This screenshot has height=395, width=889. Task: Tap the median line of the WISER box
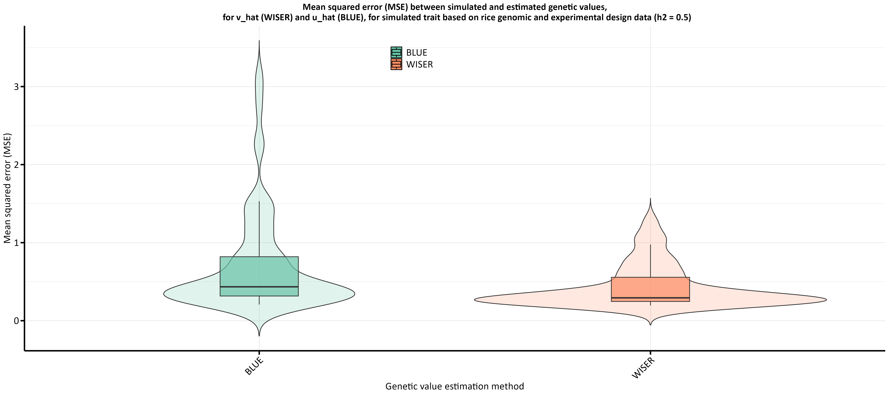tap(650, 298)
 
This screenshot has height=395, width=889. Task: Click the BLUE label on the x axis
tap(254, 366)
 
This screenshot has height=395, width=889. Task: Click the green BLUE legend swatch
tap(396, 53)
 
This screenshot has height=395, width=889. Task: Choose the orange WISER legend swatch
tap(396, 64)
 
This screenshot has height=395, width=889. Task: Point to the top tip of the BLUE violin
tap(259, 41)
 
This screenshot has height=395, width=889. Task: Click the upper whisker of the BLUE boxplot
tap(259, 228)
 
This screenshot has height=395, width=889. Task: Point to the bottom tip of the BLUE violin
tap(259, 335)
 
